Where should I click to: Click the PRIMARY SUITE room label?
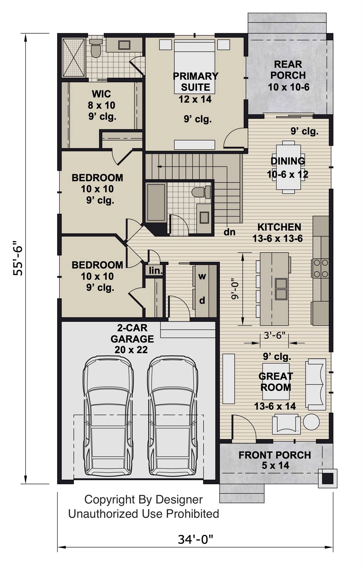(x=196, y=82)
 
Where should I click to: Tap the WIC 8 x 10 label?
(x=101, y=100)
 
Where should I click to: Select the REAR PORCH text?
(x=288, y=70)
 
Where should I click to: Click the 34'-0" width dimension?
(x=196, y=540)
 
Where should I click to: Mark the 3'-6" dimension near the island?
(x=274, y=335)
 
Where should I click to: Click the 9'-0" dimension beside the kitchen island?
(x=234, y=289)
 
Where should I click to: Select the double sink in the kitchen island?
(x=281, y=289)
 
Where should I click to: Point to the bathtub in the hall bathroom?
(x=156, y=203)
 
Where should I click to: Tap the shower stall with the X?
(x=74, y=58)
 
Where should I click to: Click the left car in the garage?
(x=108, y=417)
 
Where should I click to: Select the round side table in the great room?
(x=311, y=422)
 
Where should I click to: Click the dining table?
(x=288, y=167)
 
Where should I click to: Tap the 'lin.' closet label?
(x=155, y=270)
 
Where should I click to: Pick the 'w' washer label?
(x=202, y=276)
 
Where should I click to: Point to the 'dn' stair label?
(x=229, y=232)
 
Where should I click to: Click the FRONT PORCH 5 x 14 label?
(x=275, y=460)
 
